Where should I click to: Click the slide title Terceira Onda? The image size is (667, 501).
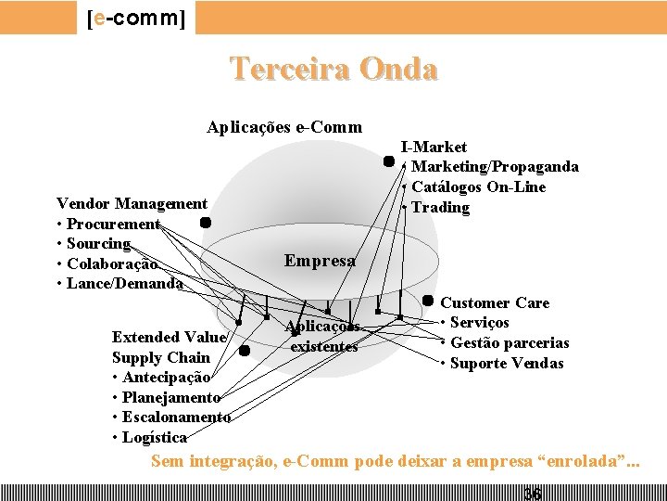click(x=333, y=70)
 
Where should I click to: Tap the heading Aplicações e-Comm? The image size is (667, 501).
click(x=283, y=127)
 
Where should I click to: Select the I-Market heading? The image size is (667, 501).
click(x=434, y=147)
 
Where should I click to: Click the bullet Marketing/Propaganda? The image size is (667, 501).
click(x=494, y=167)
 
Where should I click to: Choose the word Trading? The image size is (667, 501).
click(x=440, y=208)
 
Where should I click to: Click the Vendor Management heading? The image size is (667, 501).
click(x=132, y=203)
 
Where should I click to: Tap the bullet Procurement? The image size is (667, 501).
click(x=112, y=224)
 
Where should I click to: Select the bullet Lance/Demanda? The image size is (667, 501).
click(x=123, y=284)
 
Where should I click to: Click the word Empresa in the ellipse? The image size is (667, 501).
click(x=320, y=262)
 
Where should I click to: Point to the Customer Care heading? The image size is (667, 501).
click(x=495, y=302)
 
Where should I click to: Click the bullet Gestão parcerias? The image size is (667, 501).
click(x=509, y=343)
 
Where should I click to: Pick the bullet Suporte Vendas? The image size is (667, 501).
click(x=506, y=364)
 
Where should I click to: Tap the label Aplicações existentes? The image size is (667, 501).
click(x=322, y=337)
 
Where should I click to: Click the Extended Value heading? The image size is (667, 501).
click(x=168, y=337)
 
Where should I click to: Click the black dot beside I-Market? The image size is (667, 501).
click(x=389, y=161)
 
